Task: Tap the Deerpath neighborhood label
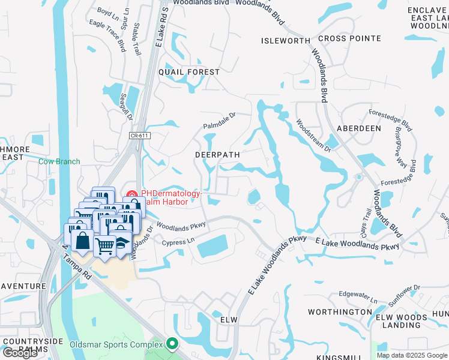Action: click(x=217, y=154)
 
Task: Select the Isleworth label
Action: click(x=285, y=41)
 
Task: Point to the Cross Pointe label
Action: click(x=349, y=38)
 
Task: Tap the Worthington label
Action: click(x=340, y=312)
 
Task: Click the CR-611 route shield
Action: click(x=139, y=136)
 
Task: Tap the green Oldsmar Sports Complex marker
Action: click(x=173, y=344)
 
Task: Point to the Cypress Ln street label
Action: click(x=179, y=242)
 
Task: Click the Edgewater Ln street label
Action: click(x=358, y=297)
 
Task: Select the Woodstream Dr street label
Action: click(x=313, y=135)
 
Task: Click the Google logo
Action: click(x=20, y=353)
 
